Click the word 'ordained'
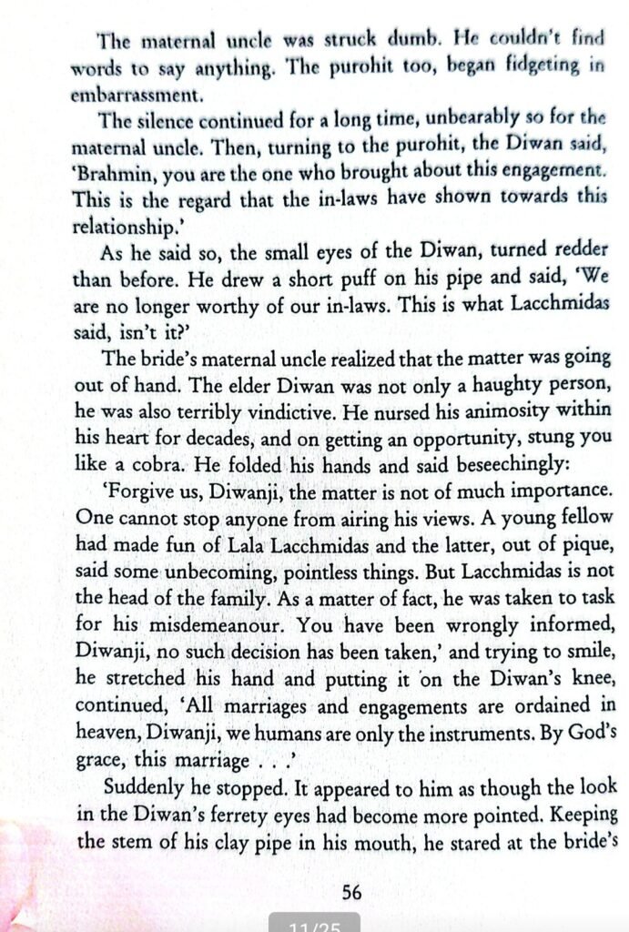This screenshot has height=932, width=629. tap(539, 677)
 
